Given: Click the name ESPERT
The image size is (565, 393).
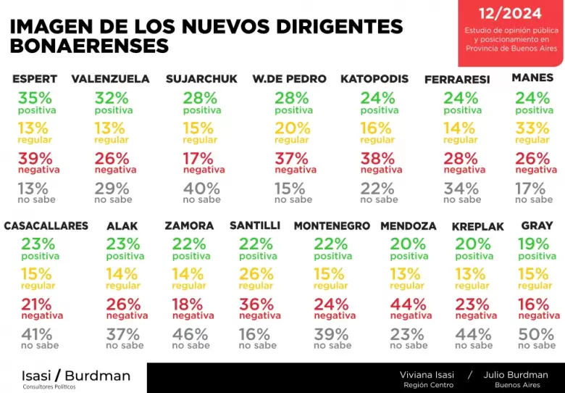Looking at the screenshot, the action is coord(35,79).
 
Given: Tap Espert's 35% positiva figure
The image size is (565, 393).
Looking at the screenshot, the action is coord(35,98).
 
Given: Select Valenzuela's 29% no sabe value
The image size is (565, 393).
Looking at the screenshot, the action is coord(112,189).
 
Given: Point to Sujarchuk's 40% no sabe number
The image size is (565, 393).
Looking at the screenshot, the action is coord(201,189).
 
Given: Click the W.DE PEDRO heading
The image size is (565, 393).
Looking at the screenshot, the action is coord(289,79).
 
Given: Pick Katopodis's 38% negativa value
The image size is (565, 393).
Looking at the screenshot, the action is coord(377,159).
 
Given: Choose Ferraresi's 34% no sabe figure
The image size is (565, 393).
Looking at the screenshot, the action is coord(461,189).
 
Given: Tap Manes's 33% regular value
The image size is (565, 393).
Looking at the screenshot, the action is coord(532,128).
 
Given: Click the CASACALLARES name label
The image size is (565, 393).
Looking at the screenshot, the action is coord(46,226).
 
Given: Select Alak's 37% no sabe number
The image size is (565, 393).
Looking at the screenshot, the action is coord(123,334).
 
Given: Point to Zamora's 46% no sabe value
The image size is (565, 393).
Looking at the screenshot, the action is coord(190,334).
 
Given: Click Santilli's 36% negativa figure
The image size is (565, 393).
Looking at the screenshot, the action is coord(256,305).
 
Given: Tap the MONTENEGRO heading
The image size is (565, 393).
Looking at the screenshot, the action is coord(332,226).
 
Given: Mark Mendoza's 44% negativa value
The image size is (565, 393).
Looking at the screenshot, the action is coord(409,305).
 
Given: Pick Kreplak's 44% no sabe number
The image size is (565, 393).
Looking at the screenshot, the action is coord(473,334).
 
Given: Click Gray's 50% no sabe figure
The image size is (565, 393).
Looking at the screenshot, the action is coord(536,334).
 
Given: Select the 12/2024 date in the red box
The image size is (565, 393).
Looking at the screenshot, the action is coord(510,14).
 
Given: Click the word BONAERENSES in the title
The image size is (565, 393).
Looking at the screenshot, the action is coord(89,46).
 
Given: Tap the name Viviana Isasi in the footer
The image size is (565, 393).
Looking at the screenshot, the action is coord(427,375).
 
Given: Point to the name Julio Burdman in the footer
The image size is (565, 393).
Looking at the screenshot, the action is coord(516,375).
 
